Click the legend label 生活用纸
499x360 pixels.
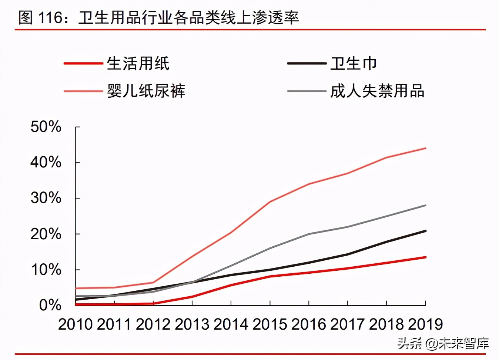(138, 64)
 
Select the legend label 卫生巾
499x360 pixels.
(354, 64)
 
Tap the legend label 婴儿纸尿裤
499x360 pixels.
(146, 91)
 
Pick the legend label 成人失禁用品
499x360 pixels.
(377, 91)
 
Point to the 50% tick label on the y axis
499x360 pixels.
(46, 127)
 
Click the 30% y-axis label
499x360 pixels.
(46, 198)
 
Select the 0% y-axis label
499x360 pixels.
(50, 305)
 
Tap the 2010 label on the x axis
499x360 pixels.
(76, 324)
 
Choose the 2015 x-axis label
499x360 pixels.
(270, 324)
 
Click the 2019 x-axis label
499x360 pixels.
(425, 324)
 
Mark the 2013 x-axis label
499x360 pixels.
(192, 324)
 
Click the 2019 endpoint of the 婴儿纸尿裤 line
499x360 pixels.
(425, 148)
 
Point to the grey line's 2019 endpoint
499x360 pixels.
(425, 205)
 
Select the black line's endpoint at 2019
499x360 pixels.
(425, 231)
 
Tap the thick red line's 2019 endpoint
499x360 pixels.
(425, 257)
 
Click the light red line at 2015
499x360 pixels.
(270, 202)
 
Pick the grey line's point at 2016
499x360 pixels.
(309, 234)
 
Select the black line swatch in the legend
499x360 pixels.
(306, 64)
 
